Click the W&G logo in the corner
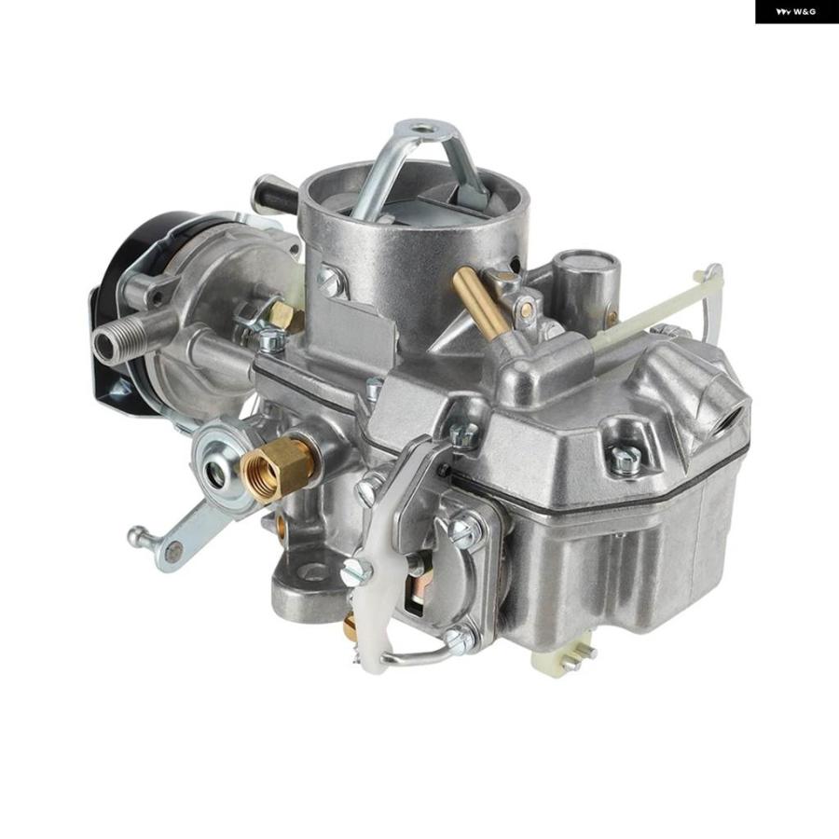796,12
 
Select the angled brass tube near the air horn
479,302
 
